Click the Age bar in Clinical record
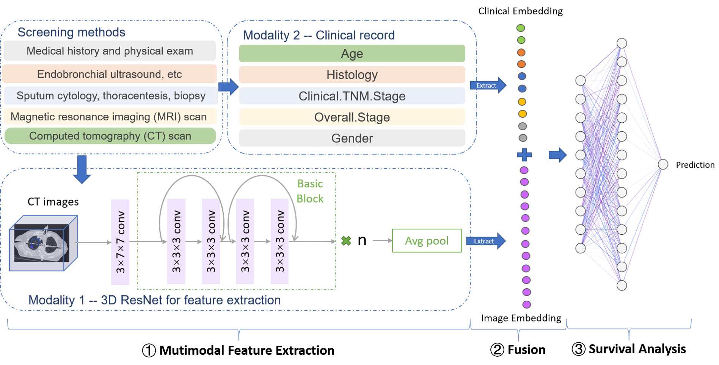352,53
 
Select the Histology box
352,75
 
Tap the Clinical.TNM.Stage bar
352,96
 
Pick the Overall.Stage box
352,117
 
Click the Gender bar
352,138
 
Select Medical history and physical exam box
110,51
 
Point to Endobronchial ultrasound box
110,74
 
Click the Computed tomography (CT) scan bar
110,136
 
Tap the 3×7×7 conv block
120,242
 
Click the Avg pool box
427,241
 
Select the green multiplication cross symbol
346,241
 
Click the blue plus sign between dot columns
524,155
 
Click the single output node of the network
663,164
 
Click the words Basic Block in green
310,191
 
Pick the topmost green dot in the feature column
521,28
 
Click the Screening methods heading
71,33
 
